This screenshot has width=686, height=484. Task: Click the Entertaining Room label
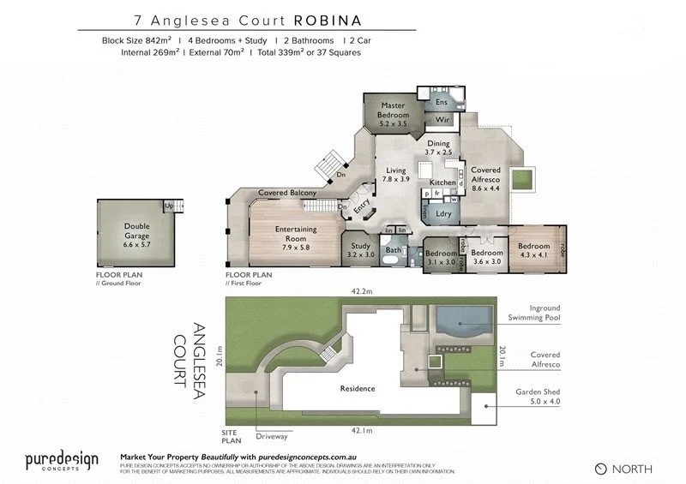click(296, 234)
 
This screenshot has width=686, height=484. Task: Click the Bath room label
click(394, 250)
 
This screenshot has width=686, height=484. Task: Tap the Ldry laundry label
click(443, 213)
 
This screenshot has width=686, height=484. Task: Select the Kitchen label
click(442, 182)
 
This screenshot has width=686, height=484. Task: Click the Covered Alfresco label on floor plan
click(485, 174)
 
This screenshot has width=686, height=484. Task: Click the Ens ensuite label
click(442, 102)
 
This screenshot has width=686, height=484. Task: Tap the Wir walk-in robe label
click(442, 120)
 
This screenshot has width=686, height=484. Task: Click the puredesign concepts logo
click(61, 461)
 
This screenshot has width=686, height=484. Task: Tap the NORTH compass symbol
click(600, 469)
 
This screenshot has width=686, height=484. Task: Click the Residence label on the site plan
click(358, 388)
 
